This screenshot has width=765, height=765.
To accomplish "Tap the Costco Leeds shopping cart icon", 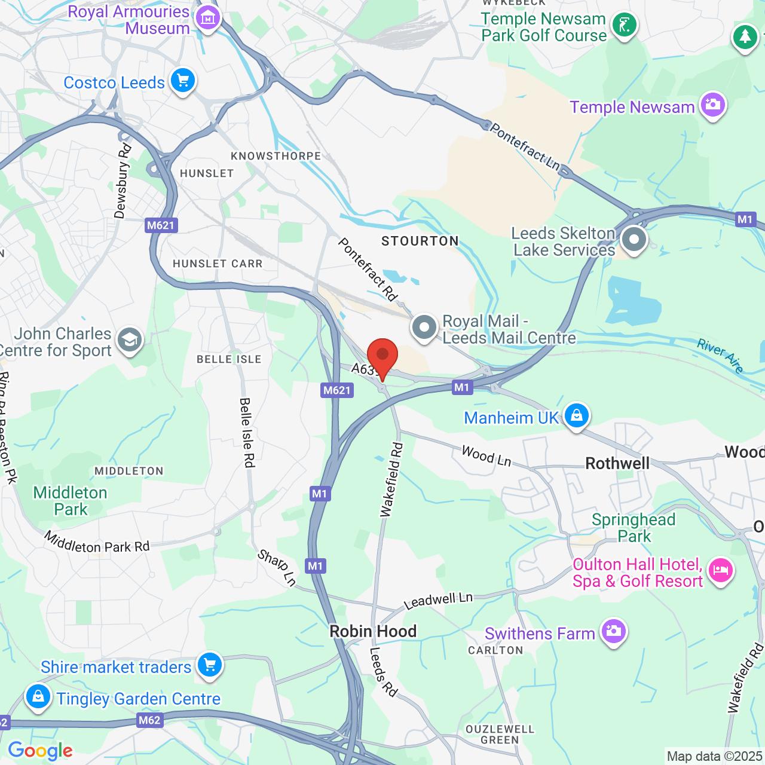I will point(183,80).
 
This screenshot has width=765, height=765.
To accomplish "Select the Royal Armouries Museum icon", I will point(208,18).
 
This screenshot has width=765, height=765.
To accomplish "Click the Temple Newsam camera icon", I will point(712,105).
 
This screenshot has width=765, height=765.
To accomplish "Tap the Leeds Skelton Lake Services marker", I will point(634,240).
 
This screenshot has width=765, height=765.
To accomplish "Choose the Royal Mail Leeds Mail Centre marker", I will point(424,328).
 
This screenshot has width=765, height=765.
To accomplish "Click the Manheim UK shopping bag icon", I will point(576,415).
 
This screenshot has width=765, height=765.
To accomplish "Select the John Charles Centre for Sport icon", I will point(129,340).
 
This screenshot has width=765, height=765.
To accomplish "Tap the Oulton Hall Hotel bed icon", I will point(720,570).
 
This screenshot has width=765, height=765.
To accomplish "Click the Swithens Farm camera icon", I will point(613,631).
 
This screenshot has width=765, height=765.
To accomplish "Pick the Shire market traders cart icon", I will point(209,664).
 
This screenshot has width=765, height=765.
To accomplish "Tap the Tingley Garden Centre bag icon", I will point(38,696).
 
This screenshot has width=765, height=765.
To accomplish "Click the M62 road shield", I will point(149,720).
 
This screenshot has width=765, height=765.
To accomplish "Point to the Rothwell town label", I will point(617,464).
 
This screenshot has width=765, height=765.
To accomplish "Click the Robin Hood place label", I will point(373,631).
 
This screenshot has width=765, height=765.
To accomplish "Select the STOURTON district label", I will point(420,241).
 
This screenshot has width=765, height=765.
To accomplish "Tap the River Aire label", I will point(720,355).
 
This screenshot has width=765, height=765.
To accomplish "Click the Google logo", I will point(40,751).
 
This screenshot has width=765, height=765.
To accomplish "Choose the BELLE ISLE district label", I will point(229,359).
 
